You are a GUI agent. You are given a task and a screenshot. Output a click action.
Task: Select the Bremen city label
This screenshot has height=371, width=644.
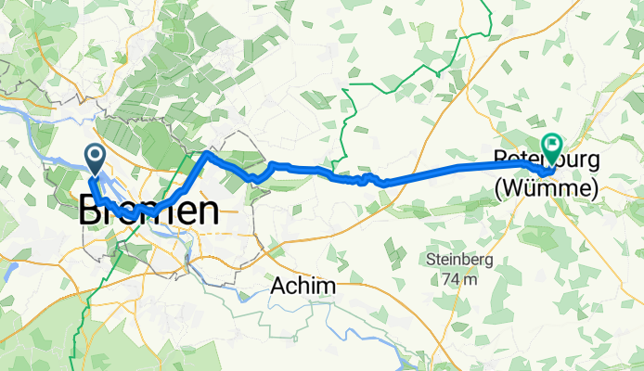(x=148, y=211)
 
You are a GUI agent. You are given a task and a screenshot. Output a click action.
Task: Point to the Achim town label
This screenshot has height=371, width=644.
(x=303, y=288)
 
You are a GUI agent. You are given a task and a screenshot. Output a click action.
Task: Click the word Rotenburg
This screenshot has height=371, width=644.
(x=546, y=162)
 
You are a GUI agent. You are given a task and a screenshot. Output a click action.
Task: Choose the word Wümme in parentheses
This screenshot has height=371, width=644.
(x=545, y=188)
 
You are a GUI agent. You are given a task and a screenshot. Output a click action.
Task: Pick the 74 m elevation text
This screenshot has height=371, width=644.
(x=458, y=278)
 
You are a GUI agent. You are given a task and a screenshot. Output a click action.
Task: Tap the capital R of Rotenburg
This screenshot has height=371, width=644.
(x=501, y=162)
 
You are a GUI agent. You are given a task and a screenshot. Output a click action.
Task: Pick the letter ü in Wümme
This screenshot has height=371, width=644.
(x=535, y=188)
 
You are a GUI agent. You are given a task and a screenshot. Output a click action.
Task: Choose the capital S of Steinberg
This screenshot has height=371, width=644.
(x=431, y=259)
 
